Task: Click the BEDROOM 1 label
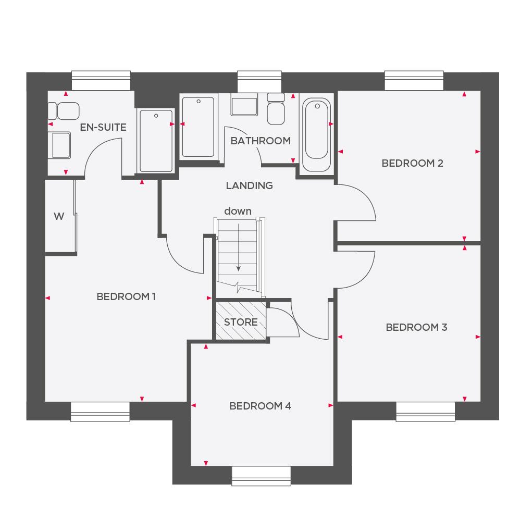pos(126,296)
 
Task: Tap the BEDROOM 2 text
pos(412,163)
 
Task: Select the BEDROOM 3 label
pos(416,327)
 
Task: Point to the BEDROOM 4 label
pos(260,406)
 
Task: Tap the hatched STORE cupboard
pos(241,322)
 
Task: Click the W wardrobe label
pos(58,216)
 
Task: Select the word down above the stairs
pos(238,211)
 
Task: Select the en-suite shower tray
pos(155,141)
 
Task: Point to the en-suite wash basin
pos(60,144)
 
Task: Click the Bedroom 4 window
pos(261,475)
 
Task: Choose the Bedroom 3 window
pos(425,411)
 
